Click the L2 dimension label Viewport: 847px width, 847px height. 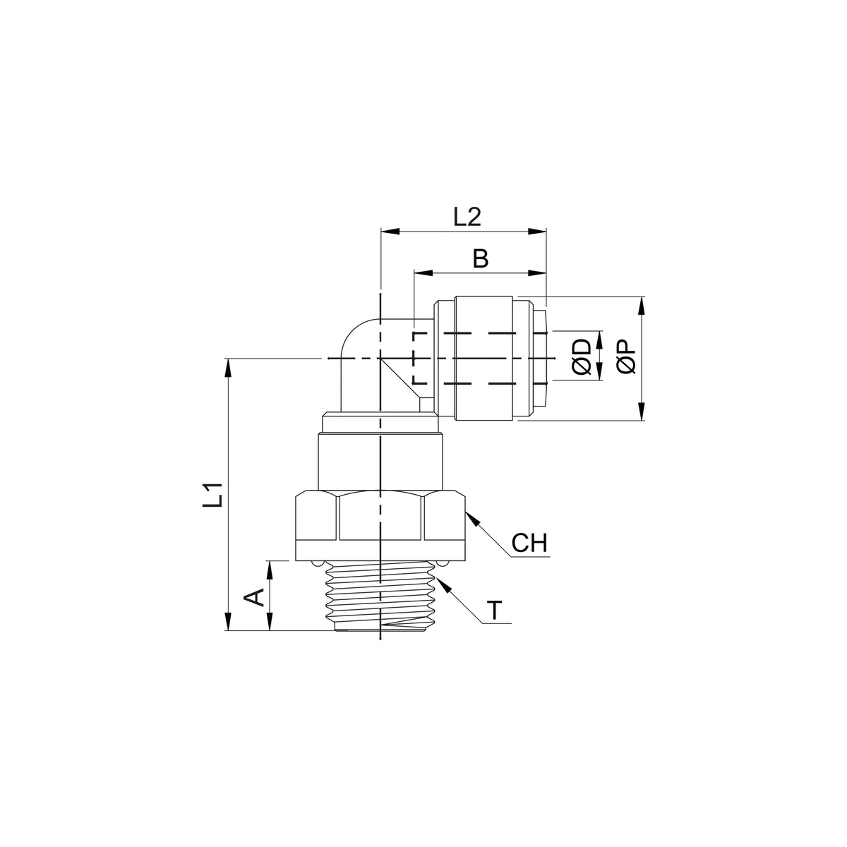[467, 217]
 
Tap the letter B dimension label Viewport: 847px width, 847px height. [481, 259]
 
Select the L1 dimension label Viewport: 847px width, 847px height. [212, 495]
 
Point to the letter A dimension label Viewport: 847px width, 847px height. [254, 598]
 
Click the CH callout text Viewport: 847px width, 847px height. [529, 543]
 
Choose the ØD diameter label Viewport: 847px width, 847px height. [582, 356]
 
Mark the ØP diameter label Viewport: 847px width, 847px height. [626, 357]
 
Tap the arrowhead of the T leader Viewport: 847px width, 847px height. [444, 585]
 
